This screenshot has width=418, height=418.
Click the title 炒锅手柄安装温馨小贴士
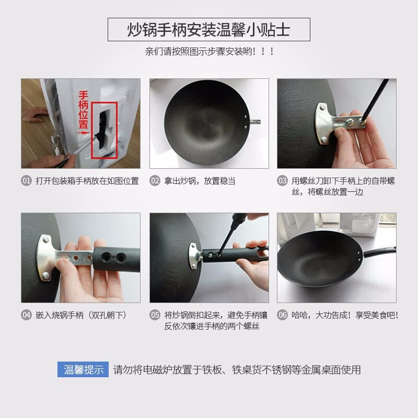(x=208, y=30)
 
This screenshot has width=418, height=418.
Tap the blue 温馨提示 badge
(x=83, y=369)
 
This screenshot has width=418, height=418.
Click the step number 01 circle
(x=26, y=181)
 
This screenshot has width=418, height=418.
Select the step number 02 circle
(x=155, y=181)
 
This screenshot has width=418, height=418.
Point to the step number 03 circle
(x=282, y=181)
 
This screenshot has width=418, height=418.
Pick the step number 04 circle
(x=26, y=315)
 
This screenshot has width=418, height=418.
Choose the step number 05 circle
(x=155, y=315)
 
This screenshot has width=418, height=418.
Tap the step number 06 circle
(x=282, y=315)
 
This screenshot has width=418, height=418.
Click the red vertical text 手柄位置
(x=83, y=110)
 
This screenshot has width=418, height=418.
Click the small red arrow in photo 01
(x=84, y=133)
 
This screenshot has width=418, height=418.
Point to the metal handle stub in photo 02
(x=255, y=122)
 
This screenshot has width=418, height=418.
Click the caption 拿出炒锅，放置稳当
(x=200, y=181)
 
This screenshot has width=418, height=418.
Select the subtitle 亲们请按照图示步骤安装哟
(x=210, y=51)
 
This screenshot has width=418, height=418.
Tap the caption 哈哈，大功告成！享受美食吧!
(x=345, y=316)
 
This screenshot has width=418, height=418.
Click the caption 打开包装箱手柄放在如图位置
(x=87, y=181)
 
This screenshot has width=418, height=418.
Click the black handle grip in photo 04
(x=117, y=259)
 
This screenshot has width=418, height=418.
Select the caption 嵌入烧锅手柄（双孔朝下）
(x=81, y=316)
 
